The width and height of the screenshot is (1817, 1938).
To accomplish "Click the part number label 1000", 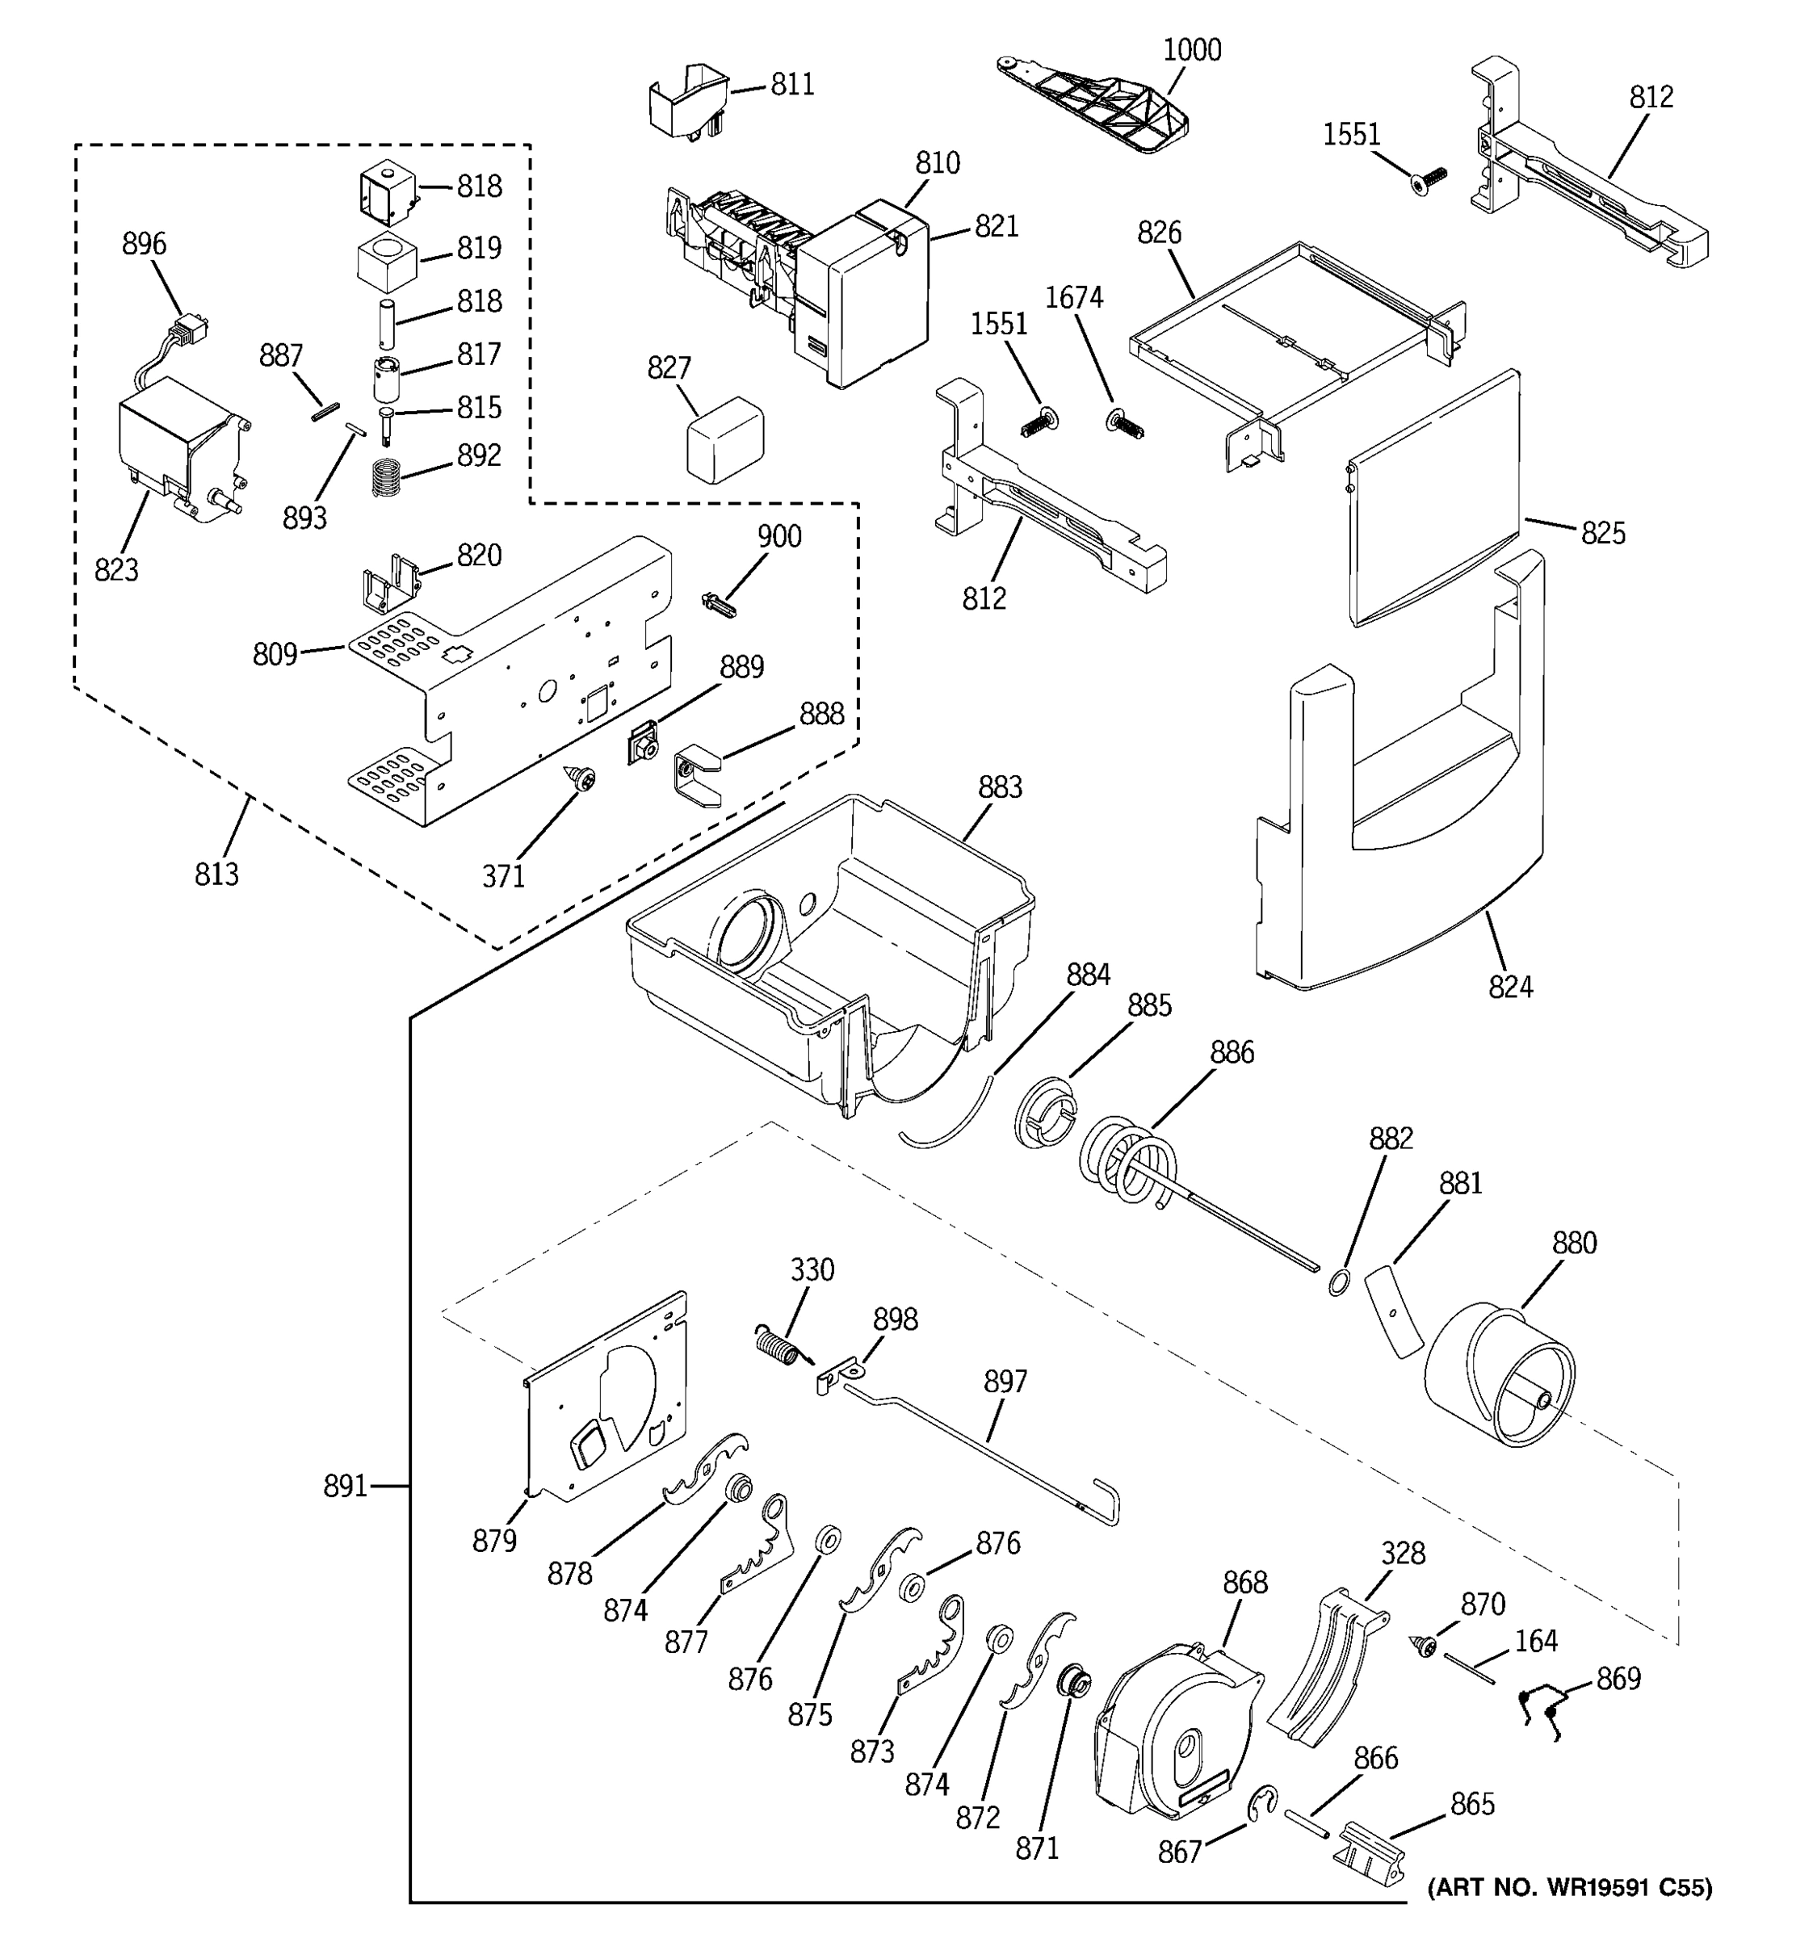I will (1191, 50).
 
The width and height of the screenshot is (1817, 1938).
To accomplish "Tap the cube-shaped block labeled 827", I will (724, 438).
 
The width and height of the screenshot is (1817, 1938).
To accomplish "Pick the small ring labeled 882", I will (1340, 1283).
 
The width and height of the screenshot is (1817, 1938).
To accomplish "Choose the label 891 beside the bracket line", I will (345, 1487).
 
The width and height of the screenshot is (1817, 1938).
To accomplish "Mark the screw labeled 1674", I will (1125, 425).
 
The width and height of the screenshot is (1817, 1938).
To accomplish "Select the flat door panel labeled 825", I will (1433, 497).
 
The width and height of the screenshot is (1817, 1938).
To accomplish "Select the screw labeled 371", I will (584, 777).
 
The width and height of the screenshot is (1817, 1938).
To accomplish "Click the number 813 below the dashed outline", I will (216, 875).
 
